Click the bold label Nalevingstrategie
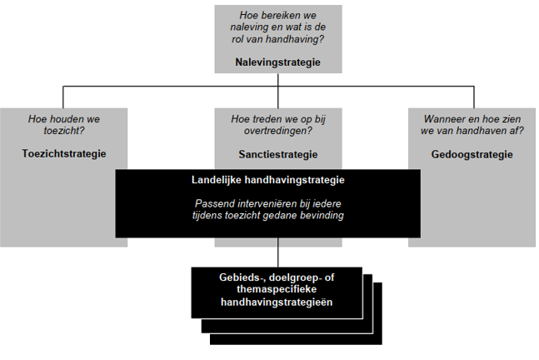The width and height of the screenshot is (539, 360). click(277, 62)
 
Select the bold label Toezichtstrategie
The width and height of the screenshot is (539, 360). click(64, 153)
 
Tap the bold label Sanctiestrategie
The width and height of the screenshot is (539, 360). click(278, 154)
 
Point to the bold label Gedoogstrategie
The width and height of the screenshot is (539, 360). click(472, 154)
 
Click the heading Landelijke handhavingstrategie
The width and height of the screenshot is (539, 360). click(268, 180)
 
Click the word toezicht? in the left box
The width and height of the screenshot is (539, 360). click(64, 131)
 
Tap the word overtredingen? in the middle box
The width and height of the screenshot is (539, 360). click(278, 131)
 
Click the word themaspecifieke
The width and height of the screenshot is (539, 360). click(277, 289)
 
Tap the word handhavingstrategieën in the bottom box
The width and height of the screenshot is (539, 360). click(277, 302)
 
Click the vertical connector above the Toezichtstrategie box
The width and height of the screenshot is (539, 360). click(63, 97)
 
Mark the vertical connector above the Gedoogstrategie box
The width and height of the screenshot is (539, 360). click(474, 97)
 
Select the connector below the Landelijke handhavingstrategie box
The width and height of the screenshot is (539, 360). click(277, 252)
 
